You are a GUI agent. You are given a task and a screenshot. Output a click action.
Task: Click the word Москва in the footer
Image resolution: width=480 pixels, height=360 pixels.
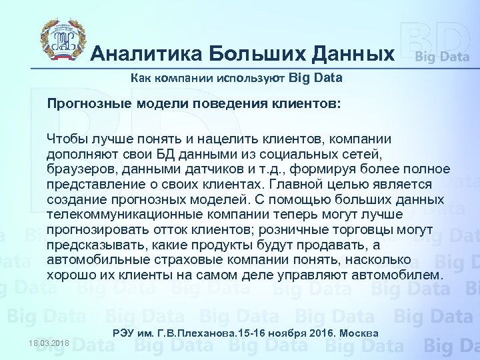pyautogui.click(x=361, y=333)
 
